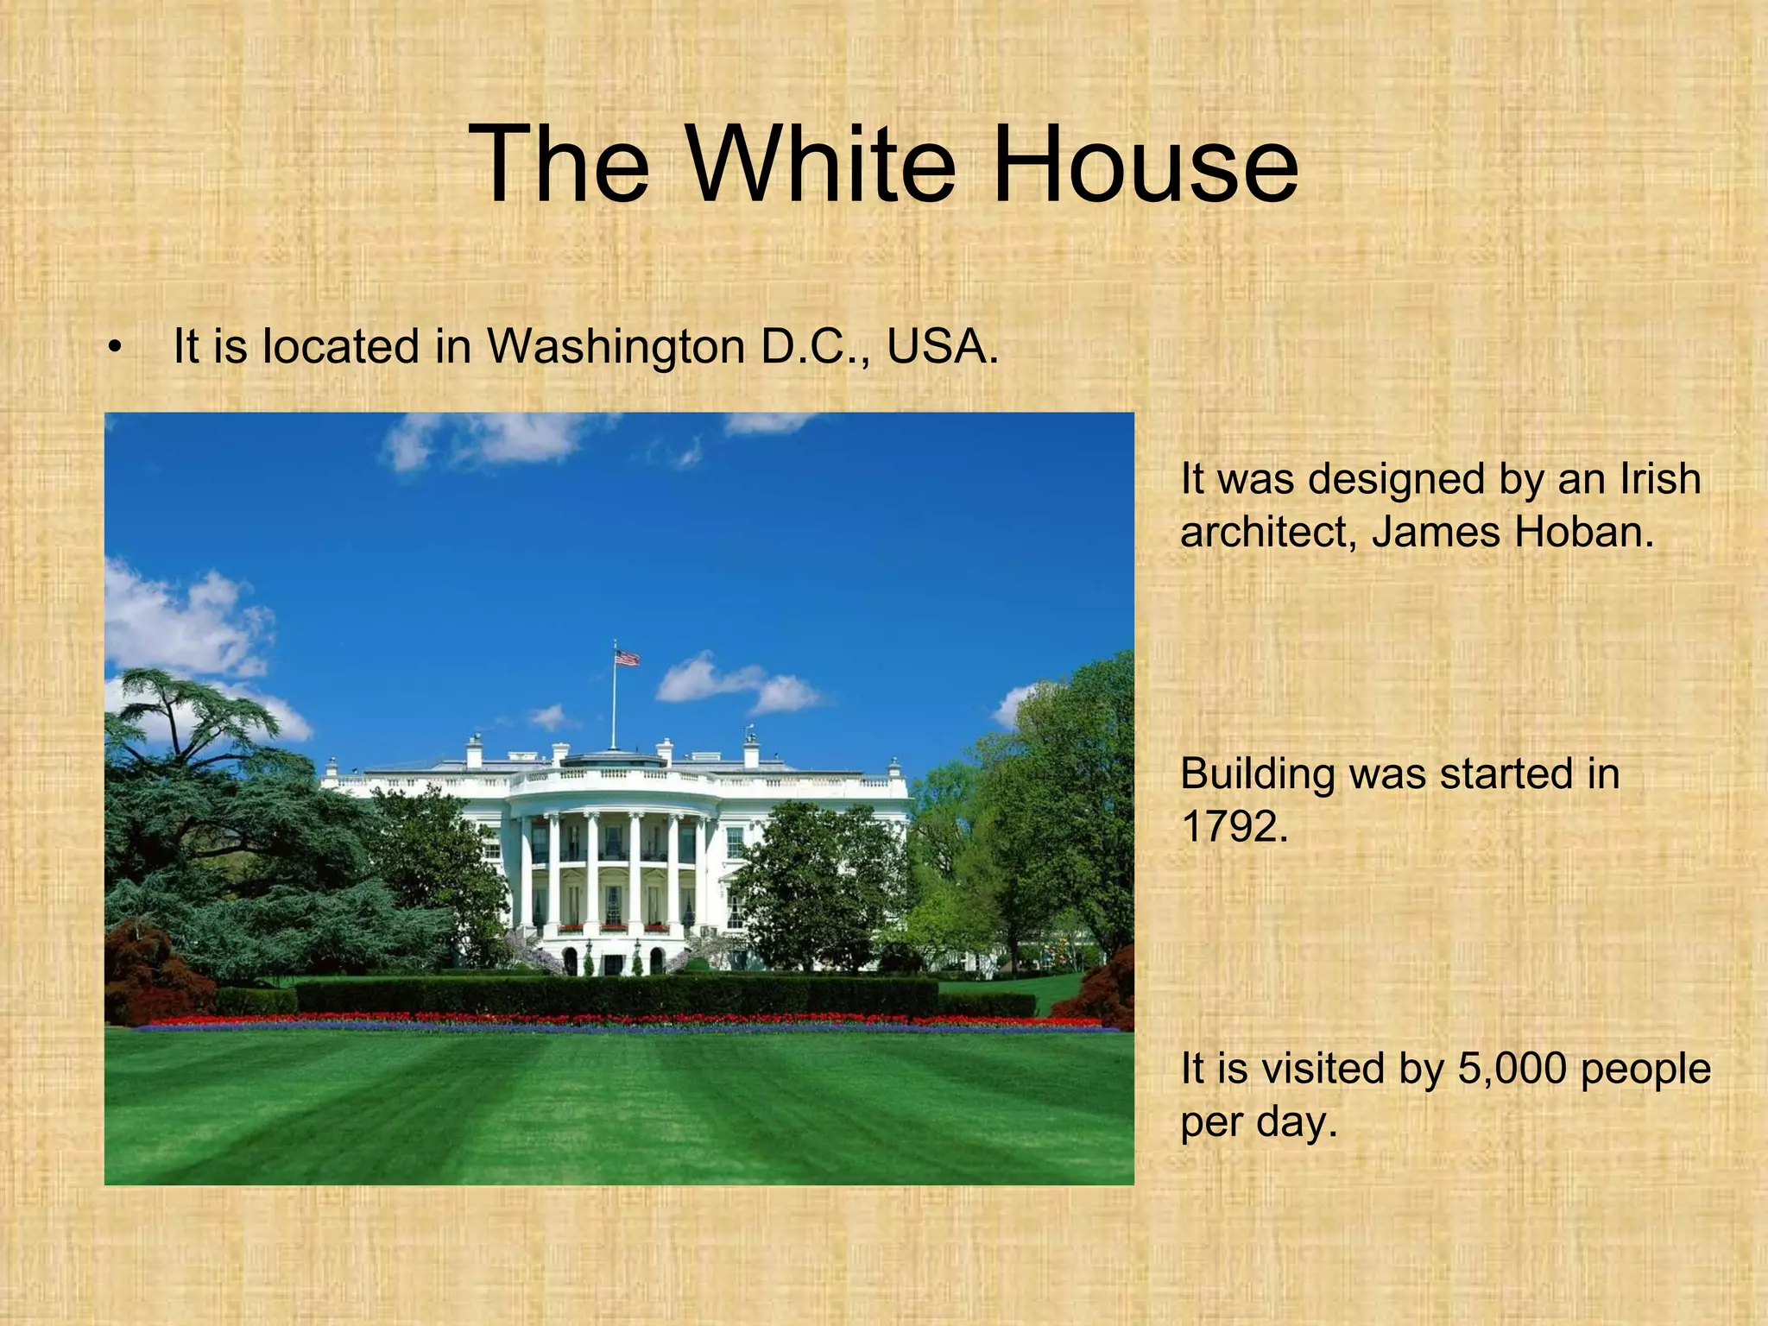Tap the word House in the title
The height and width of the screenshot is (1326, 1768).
click(1145, 164)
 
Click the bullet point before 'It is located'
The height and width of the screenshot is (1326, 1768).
click(113, 348)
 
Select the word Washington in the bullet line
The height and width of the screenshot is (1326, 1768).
click(616, 348)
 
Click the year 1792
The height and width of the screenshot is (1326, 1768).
click(1234, 827)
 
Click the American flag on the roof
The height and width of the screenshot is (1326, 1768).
click(628, 658)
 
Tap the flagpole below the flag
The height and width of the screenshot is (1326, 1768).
click(614, 708)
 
